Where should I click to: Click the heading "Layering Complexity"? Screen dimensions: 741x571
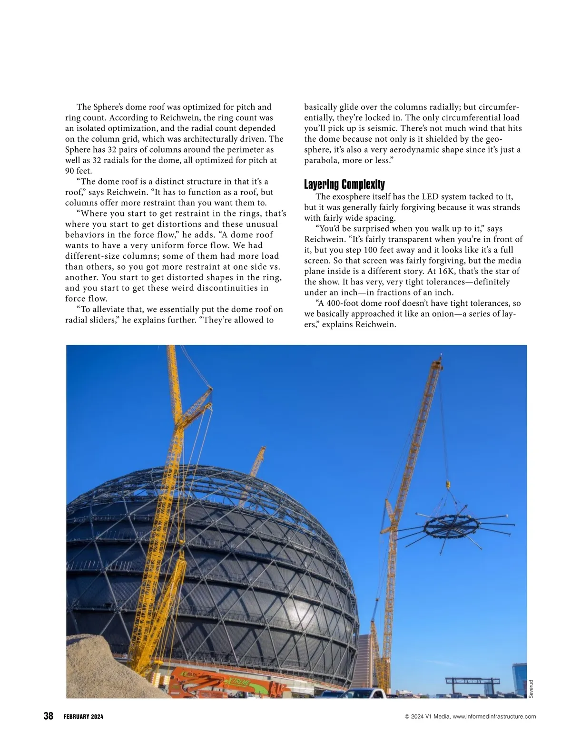coord(344,185)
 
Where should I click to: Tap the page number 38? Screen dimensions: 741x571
coord(48,716)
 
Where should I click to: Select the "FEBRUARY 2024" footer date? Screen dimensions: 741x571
coord(83,717)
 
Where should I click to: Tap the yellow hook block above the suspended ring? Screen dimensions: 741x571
coord(447,485)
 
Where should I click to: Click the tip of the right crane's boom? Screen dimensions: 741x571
coord(440,358)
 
